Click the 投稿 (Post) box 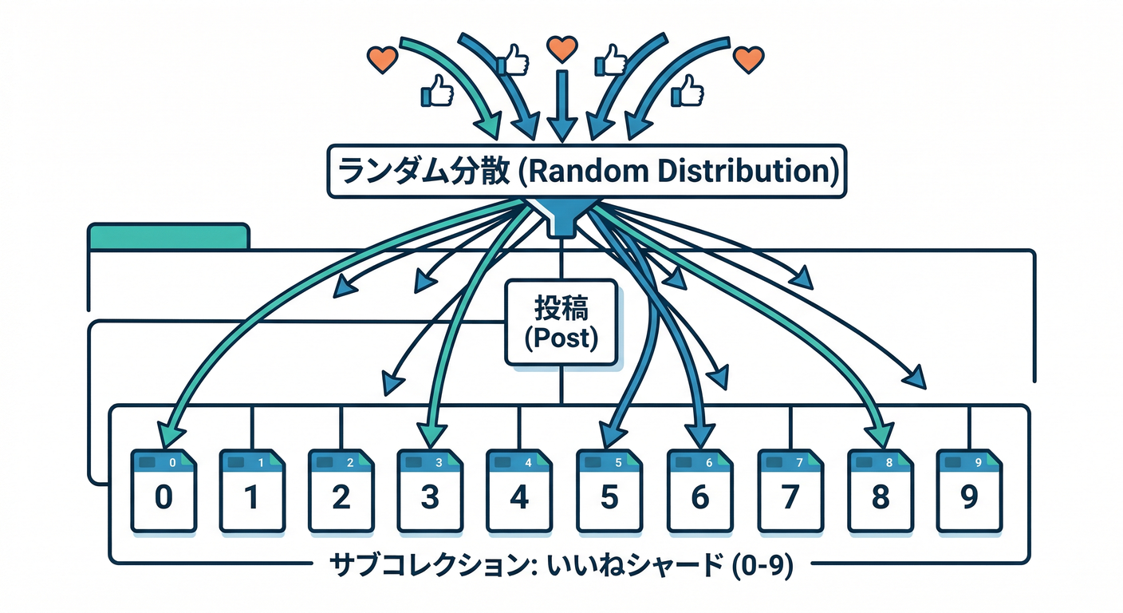point(562,322)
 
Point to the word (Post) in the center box point(562,338)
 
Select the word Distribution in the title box point(735,172)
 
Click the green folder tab point(168,237)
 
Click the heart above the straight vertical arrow point(561,49)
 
